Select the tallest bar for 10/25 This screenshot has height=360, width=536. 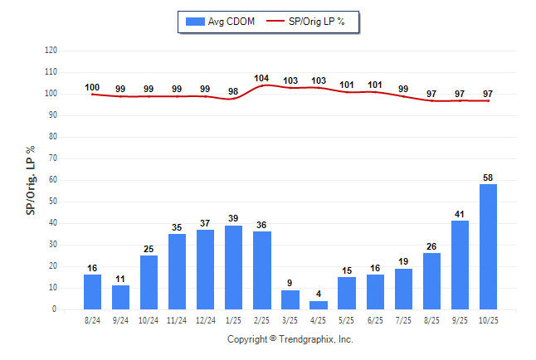pos(489,246)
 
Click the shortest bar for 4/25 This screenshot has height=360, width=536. pos(319,305)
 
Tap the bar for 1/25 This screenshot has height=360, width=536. pos(234,267)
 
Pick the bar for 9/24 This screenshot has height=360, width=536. pos(121,297)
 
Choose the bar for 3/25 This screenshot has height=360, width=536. pos(290,299)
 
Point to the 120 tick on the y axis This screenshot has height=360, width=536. pos(51,51)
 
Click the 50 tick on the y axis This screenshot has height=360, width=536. pos(52,202)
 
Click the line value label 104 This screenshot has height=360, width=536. pos(262,79)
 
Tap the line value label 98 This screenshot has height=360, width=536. pos(234,91)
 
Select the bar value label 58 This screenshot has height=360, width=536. pos(489,178)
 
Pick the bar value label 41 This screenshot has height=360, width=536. pos(460,214)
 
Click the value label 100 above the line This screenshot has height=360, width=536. pos(92,87)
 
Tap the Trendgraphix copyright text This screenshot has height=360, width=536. pos(290,340)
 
